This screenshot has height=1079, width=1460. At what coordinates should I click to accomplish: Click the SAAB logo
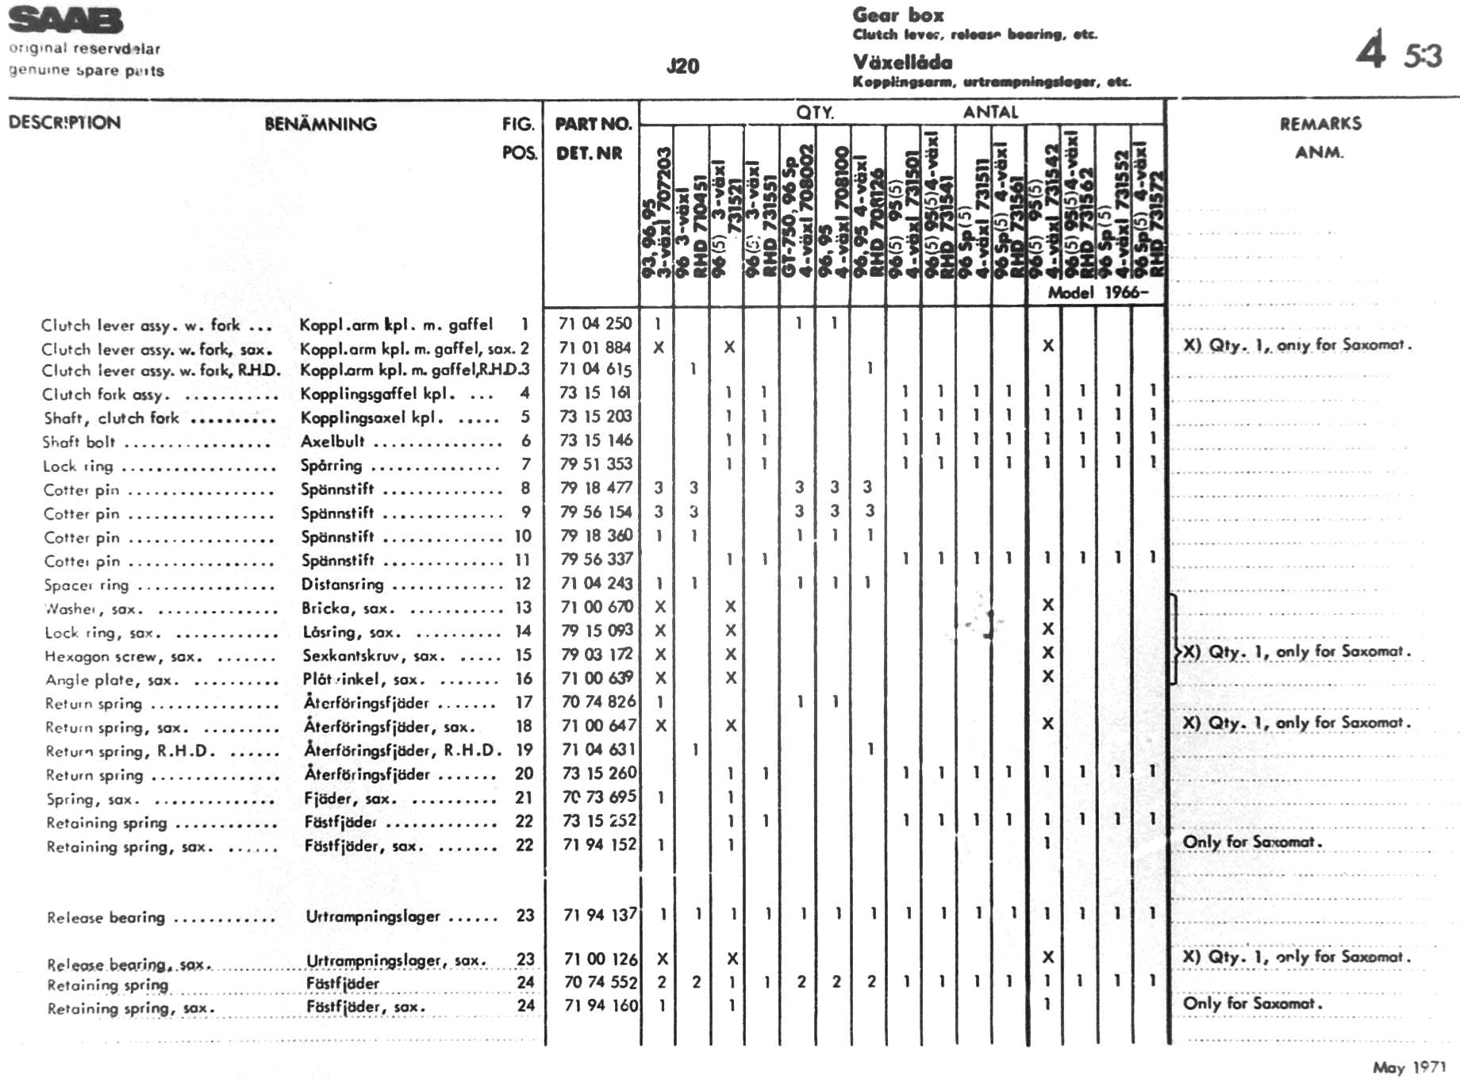click(x=66, y=21)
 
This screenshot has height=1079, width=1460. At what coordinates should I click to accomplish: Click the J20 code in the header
click(x=682, y=66)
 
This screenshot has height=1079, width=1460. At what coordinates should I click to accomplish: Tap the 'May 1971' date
click(x=1409, y=1067)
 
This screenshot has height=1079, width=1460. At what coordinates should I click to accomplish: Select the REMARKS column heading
click(x=1320, y=123)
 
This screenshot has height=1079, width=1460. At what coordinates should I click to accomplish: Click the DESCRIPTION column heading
click(x=64, y=123)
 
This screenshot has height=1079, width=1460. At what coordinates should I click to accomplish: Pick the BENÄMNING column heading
click(x=321, y=124)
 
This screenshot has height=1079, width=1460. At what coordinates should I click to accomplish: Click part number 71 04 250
click(x=595, y=324)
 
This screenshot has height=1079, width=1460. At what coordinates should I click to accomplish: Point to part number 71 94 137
click(x=599, y=915)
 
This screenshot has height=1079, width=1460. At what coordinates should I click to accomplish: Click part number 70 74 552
click(x=600, y=982)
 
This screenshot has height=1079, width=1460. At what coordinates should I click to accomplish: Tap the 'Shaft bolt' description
click(x=79, y=442)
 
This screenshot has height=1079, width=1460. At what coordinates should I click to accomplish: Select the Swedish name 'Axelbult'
click(x=332, y=441)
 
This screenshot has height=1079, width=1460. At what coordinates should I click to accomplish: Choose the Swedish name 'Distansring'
click(x=342, y=585)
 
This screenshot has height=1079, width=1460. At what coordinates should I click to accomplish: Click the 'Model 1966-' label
click(x=1097, y=293)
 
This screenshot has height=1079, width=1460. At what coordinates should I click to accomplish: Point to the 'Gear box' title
click(x=898, y=14)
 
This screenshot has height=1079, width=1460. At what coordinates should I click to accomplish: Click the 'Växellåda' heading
click(x=903, y=62)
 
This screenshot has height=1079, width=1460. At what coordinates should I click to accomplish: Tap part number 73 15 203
click(x=595, y=417)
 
